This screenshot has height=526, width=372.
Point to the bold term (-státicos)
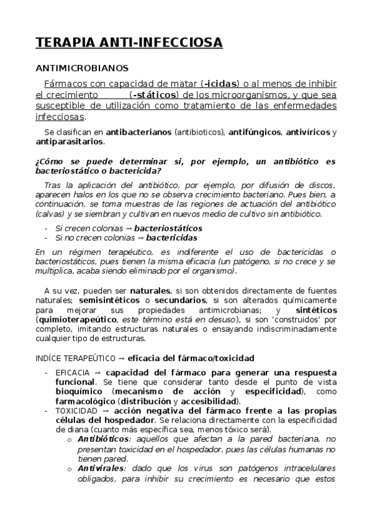coord(154,95)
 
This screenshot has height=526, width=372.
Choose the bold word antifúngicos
coord(255,132)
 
